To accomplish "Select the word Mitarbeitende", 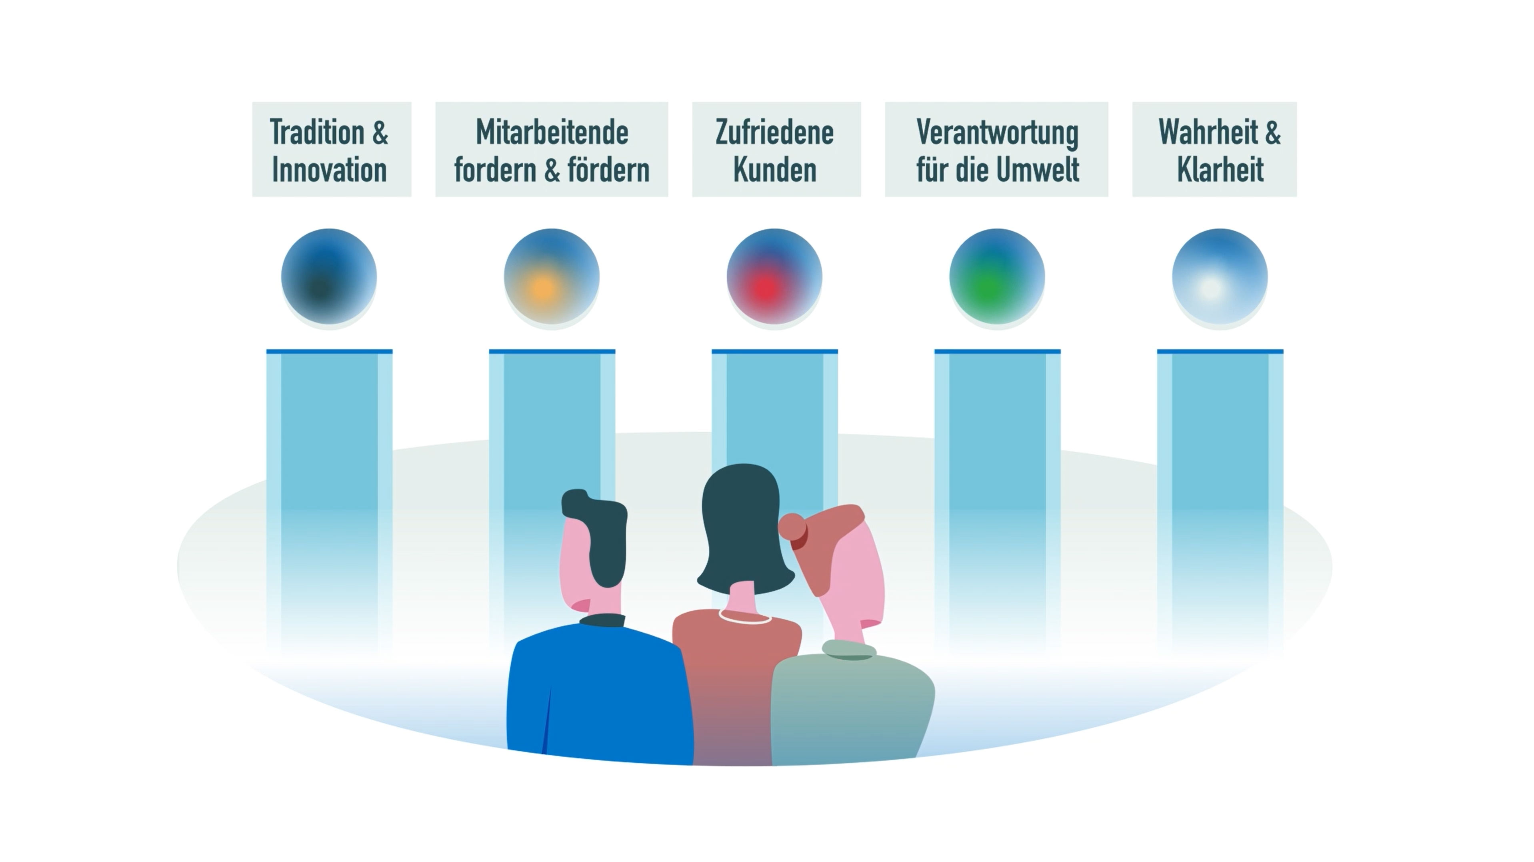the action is pos(552,132).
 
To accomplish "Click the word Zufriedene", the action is pos(775,132).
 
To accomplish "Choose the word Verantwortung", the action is pos(998,133).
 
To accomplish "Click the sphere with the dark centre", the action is pos(329,277).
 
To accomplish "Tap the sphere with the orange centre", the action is pos(552,277).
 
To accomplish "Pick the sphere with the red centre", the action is pos(774,277).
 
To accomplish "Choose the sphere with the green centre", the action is pos(997,277).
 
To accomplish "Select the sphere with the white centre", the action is pos(1220,277).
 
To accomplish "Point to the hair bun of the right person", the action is pos(792,527).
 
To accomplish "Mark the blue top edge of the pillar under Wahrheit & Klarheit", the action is pos(1220,351).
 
